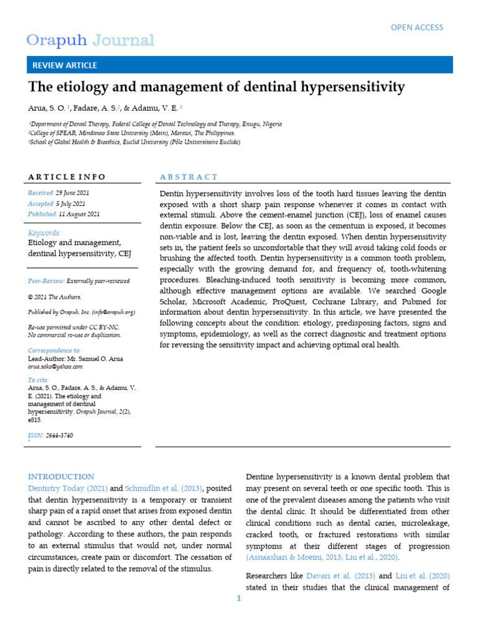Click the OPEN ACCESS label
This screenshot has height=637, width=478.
tap(416, 27)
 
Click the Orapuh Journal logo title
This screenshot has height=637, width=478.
tap(90, 41)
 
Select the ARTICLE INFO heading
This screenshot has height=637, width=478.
tap(67, 177)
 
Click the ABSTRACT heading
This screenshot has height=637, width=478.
tap(189, 177)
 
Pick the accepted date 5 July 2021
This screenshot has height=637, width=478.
tap(71, 203)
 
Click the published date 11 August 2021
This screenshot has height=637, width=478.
tap(78, 213)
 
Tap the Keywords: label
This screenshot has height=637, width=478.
tap(45, 233)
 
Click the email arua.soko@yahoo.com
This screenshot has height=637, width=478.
tap(55, 367)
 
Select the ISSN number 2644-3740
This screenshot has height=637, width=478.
tap(59, 435)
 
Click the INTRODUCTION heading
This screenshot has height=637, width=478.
tap(61, 477)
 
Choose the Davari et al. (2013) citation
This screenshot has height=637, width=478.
tap(337, 576)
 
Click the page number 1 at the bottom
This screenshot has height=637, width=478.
tap(238, 598)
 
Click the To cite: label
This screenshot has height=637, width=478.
tap(39, 380)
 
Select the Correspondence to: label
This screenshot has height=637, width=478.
tap(55, 351)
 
